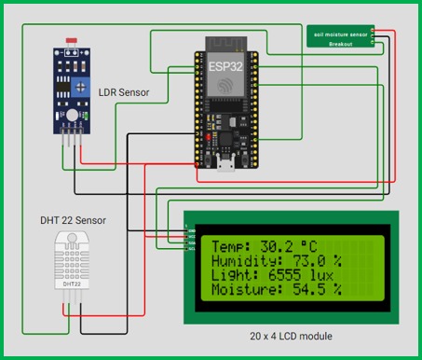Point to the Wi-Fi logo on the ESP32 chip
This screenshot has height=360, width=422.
pyautogui.click(x=224, y=85)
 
